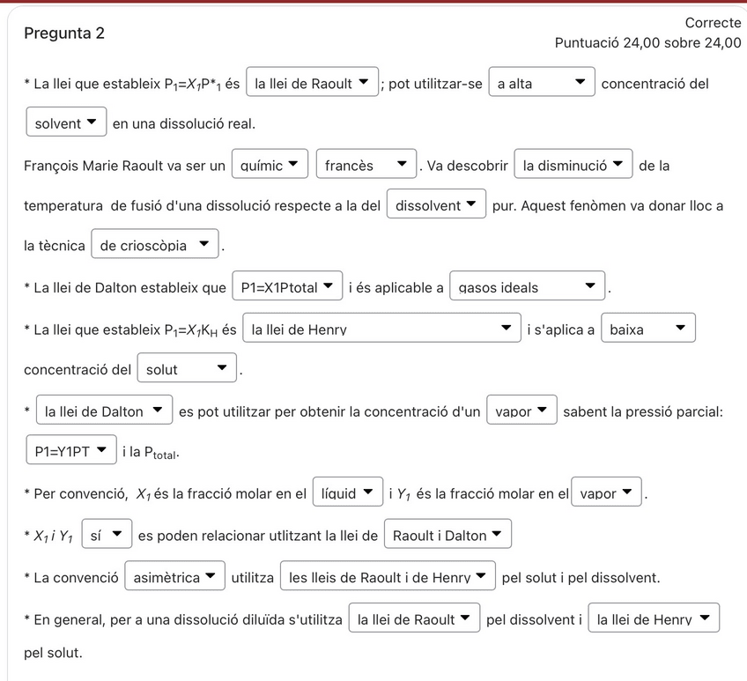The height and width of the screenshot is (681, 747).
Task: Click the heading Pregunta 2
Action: tap(64, 33)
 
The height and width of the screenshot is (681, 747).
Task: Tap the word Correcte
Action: tap(713, 23)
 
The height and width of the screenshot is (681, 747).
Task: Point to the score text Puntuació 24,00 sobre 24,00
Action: tap(647, 42)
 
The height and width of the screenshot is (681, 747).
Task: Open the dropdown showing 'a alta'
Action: tap(542, 84)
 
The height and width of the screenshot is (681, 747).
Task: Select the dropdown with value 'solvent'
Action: tap(66, 123)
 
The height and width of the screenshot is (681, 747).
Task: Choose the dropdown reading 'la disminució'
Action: tap(573, 165)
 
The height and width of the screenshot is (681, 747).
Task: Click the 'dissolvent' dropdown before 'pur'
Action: tap(436, 205)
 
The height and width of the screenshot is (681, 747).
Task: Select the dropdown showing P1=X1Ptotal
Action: tap(287, 286)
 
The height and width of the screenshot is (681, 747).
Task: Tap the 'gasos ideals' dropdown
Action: tap(528, 286)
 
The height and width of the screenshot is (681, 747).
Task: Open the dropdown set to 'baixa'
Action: tap(648, 329)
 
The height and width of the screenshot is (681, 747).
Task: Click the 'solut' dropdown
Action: tap(187, 369)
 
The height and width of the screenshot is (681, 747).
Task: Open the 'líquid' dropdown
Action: tap(347, 492)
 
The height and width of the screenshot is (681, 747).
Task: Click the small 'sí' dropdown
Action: tap(107, 534)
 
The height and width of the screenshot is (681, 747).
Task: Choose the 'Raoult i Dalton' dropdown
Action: tap(447, 534)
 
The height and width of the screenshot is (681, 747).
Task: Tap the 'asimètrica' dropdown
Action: tap(174, 577)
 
